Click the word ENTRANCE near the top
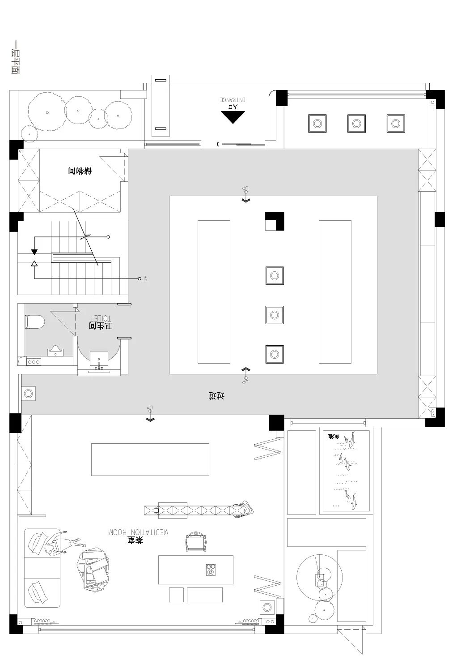(x=233, y=99)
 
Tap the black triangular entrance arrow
(x=233, y=117)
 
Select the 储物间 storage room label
(x=80, y=171)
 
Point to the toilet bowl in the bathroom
(x=35, y=321)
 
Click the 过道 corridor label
(x=216, y=395)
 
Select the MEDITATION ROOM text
(x=138, y=532)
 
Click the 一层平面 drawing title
(x=15, y=57)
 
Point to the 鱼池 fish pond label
(x=334, y=436)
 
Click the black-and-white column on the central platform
(x=275, y=221)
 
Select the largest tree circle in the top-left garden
(x=46, y=111)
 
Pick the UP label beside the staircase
(x=145, y=279)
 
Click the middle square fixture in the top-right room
(x=356, y=123)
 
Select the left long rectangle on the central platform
(x=214, y=292)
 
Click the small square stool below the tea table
(x=176, y=595)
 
